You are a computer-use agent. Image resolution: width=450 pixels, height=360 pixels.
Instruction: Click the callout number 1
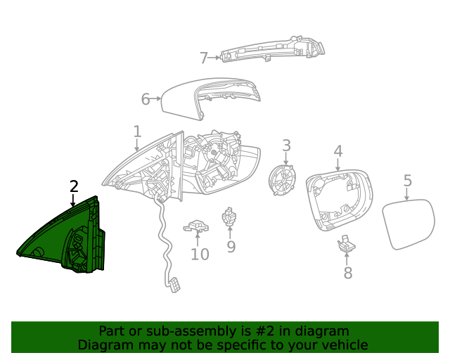coord(137,131)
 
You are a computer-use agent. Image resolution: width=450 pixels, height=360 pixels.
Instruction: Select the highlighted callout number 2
coord(74,186)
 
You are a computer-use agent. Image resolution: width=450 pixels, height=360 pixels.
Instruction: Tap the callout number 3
coord(286,146)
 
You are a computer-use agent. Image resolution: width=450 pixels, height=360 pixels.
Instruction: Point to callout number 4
coord(337,151)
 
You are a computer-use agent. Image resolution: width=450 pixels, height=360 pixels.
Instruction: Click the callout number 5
coord(408,181)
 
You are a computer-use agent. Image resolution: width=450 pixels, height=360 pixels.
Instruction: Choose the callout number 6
coord(146,99)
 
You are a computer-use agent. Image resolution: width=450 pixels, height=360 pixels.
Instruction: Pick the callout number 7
coord(204,58)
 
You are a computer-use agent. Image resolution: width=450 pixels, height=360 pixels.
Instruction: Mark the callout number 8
coord(347,274)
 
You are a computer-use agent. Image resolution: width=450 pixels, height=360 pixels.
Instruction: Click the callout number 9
coord(231,247)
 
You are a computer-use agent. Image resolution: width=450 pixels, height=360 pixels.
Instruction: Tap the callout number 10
coord(200,254)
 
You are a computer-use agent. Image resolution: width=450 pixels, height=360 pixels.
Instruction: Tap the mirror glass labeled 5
coord(409,223)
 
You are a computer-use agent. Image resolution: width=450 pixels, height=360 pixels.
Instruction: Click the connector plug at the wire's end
coord(173,283)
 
